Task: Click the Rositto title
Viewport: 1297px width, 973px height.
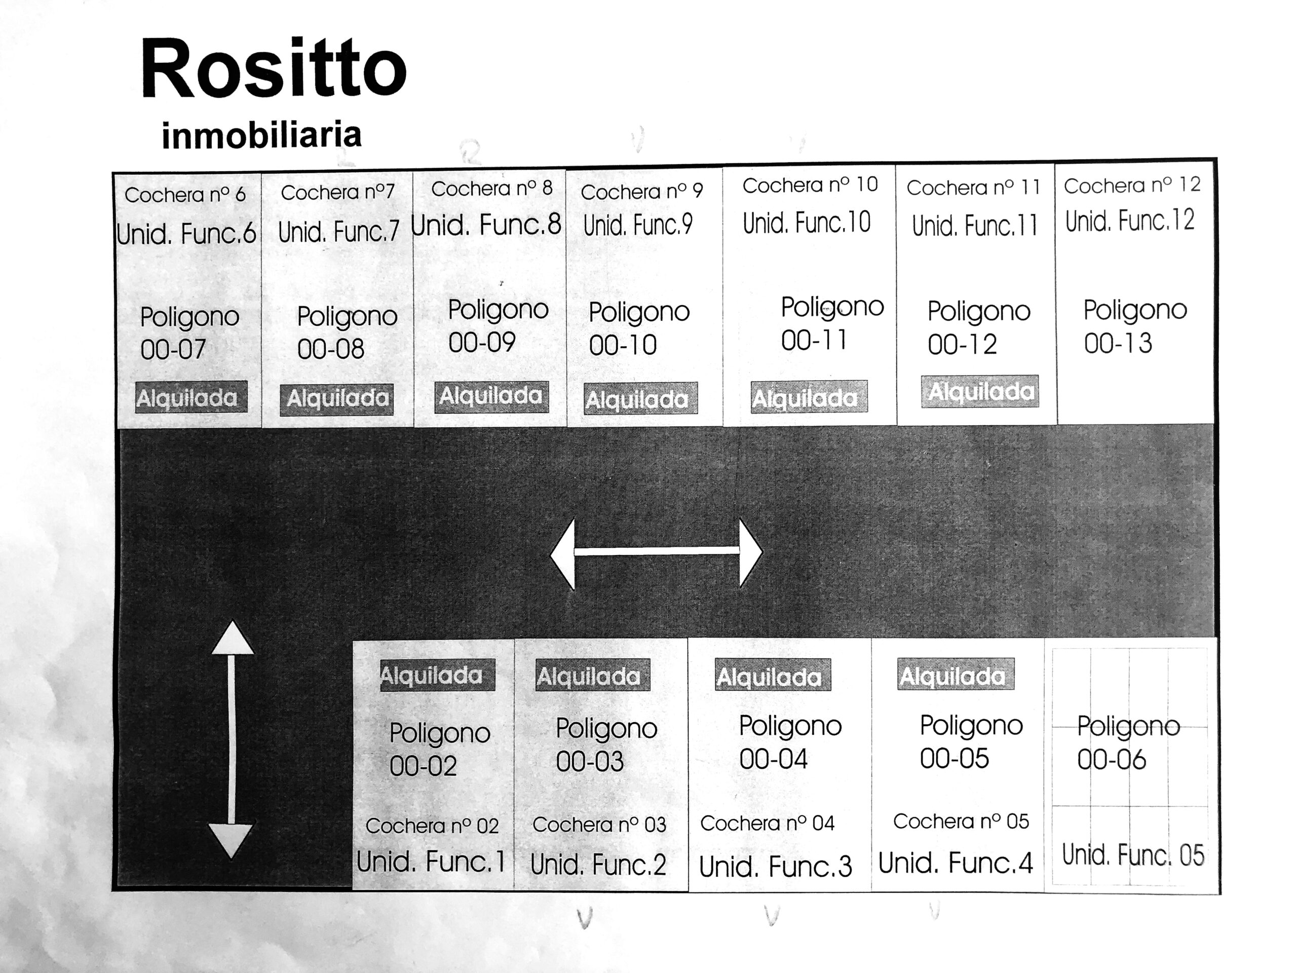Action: click(x=273, y=68)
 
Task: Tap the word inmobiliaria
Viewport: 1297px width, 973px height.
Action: click(x=261, y=135)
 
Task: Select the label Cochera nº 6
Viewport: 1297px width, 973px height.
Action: click(x=185, y=195)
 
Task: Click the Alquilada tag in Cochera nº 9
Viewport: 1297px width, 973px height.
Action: click(x=640, y=399)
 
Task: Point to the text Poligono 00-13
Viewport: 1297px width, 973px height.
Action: click(x=1134, y=326)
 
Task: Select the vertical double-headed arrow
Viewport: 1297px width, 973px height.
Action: click(x=232, y=739)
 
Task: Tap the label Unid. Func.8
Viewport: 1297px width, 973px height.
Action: click(x=486, y=224)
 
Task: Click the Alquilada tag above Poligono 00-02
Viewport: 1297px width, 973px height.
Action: click(x=437, y=675)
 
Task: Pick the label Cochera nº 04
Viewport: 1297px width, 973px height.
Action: click(x=767, y=824)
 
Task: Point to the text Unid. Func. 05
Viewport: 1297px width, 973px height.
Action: click(x=1133, y=855)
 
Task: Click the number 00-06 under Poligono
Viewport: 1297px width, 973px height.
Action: click(x=1111, y=760)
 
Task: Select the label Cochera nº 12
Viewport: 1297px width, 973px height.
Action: click(x=1132, y=185)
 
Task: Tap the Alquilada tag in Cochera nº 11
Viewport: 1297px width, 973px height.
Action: click(x=980, y=391)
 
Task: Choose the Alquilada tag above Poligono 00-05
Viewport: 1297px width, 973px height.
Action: click(x=956, y=674)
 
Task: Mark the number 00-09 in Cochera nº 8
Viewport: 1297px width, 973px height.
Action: click(x=481, y=343)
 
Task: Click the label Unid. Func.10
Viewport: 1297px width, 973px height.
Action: click(x=807, y=223)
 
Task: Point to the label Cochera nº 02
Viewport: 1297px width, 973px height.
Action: click(x=432, y=826)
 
